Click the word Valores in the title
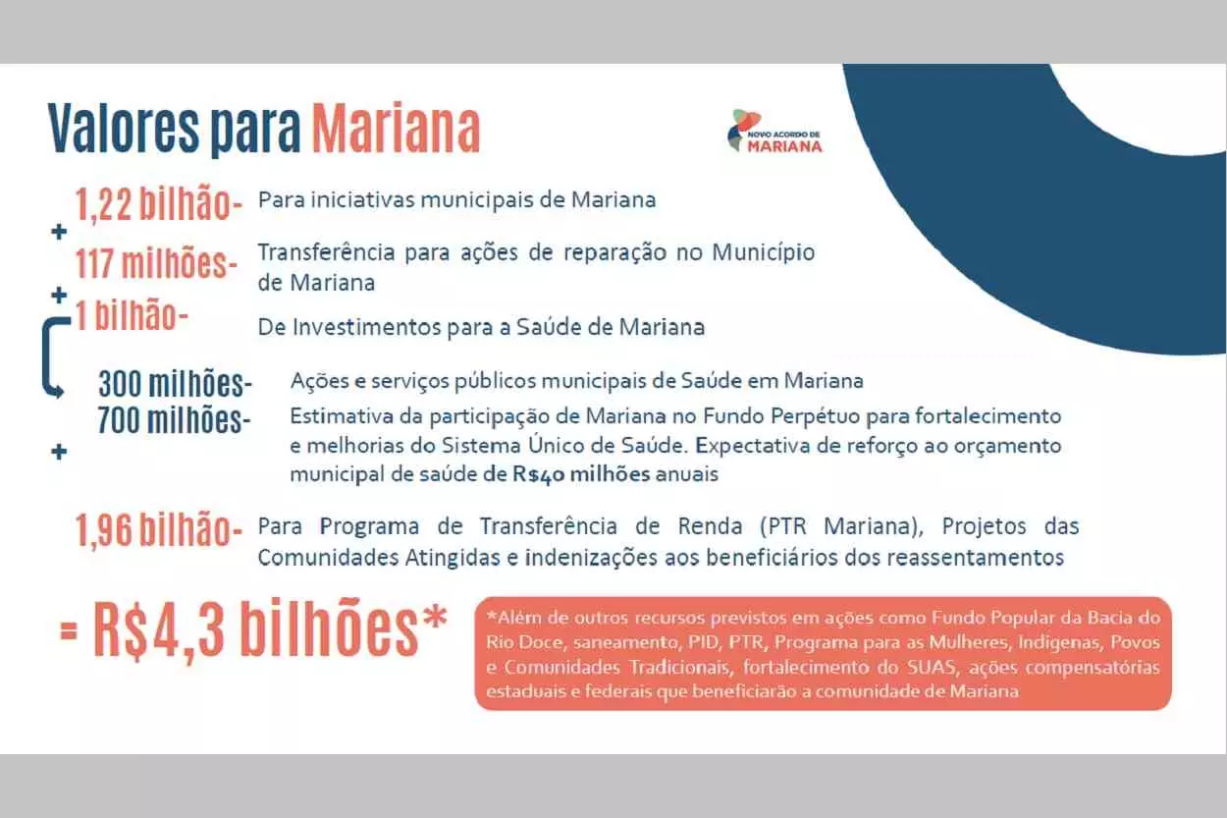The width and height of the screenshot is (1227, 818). tap(124, 128)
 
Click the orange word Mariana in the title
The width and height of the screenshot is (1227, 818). tap(396, 128)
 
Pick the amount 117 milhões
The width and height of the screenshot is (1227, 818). tap(157, 263)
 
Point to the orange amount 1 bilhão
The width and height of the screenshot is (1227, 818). tap(132, 316)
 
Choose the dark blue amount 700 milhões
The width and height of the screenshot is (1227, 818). tap(174, 420)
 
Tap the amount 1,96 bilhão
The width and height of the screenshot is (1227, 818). tap(159, 530)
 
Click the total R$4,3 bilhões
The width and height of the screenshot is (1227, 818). tap(255, 630)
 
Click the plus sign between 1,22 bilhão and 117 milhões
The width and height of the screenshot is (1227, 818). tap(59, 232)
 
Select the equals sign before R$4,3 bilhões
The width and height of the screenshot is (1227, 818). tap(69, 632)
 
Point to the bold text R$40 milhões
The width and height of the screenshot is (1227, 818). tap(581, 474)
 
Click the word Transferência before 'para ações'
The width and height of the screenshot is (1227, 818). tap(326, 252)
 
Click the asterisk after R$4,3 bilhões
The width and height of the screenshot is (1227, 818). tap(435, 618)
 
